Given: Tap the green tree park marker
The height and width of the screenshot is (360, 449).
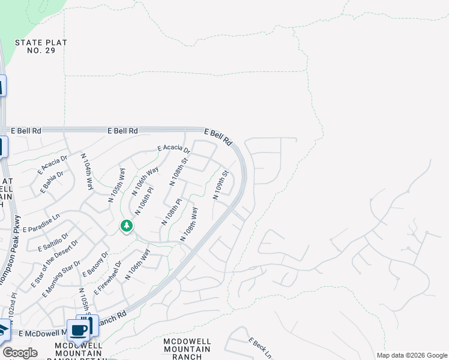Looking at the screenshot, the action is click(x=126, y=226).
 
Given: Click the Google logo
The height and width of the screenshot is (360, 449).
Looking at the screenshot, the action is click(x=20, y=353).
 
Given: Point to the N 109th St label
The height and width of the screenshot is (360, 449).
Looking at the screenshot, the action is click(x=221, y=185).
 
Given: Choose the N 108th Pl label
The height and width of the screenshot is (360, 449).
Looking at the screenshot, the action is click(x=170, y=213).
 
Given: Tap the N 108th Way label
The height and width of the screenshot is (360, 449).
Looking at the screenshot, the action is click(x=190, y=224).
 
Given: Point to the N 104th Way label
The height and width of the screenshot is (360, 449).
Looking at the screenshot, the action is click(x=87, y=172).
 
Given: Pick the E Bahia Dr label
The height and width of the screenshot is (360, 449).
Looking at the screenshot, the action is click(x=52, y=183).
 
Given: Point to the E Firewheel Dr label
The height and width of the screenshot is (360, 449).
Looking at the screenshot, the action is click(x=107, y=277).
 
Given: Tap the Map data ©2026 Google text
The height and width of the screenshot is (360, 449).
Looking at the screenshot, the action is click(x=412, y=355).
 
